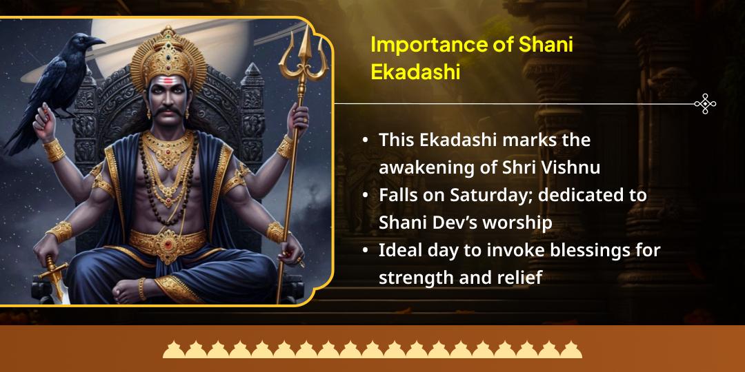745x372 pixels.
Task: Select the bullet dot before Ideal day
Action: pyautogui.click(x=365, y=251)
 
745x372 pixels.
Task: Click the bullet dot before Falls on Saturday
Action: pyautogui.click(x=365, y=196)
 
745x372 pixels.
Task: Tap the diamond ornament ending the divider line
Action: pyautogui.click(x=705, y=104)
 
